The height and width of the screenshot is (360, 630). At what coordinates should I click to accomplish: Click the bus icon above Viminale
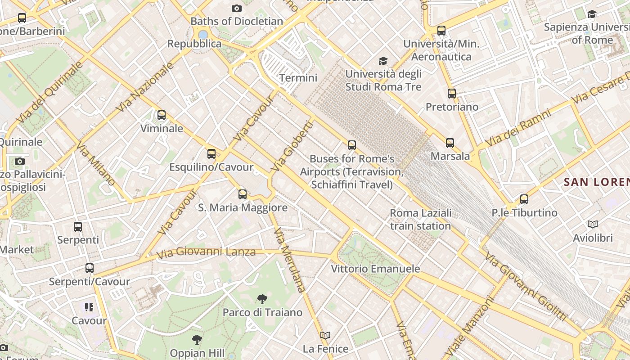pyautogui.click(x=162, y=115)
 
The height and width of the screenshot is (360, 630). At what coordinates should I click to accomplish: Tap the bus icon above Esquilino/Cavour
pyautogui.click(x=211, y=154)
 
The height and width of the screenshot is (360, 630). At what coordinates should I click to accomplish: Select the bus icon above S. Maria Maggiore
pyautogui.click(x=243, y=194)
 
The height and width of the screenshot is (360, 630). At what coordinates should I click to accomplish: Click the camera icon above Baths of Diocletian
pyautogui.click(x=237, y=8)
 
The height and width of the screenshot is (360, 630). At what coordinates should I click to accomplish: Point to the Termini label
pyautogui.click(x=298, y=78)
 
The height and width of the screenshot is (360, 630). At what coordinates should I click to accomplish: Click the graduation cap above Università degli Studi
pyautogui.click(x=383, y=61)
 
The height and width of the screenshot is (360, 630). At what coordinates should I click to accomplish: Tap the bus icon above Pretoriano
pyautogui.click(x=452, y=94)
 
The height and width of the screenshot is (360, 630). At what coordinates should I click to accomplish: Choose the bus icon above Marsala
pyautogui.click(x=450, y=143)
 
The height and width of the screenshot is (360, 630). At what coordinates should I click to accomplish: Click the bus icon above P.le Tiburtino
pyautogui.click(x=524, y=199)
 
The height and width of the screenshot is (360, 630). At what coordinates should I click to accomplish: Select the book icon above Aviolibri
pyautogui.click(x=593, y=224)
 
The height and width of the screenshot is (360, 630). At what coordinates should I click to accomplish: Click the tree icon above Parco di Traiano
pyautogui.click(x=262, y=299)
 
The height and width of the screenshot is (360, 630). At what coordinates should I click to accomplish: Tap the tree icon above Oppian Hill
pyautogui.click(x=197, y=340)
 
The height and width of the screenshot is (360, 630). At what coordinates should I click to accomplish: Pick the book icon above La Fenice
pyautogui.click(x=325, y=336)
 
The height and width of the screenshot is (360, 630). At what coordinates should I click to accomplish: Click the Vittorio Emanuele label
pyautogui.click(x=375, y=269)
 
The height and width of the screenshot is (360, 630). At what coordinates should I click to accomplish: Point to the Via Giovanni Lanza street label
pyautogui.click(x=207, y=252)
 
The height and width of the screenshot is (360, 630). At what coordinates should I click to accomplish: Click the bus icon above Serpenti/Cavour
pyautogui.click(x=90, y=268)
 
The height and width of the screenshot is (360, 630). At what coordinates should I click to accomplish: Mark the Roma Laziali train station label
pyautogui.click(x=420, y=219)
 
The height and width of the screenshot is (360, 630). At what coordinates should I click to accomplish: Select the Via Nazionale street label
pyautogui.click(x=145, y=87)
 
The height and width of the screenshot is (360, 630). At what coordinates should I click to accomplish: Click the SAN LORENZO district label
pyautogui.click(x=596, y=182)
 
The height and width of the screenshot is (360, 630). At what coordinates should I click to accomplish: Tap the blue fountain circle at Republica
pyautogui.click(x=203, y=34)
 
